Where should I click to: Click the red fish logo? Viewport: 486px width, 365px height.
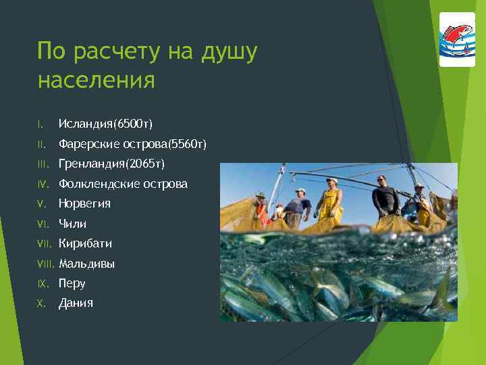click(x=457, y=39)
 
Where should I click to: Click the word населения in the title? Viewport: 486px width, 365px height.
click(x=96, y=80)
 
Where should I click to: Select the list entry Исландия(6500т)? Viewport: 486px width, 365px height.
click(x=105, y=124)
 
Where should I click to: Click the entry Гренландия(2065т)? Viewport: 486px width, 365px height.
click(x=111, y=164)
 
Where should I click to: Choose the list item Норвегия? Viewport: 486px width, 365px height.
click(x=84, y=203)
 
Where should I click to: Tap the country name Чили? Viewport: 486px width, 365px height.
click(x=72, y=224)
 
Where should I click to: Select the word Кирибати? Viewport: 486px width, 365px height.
click(x=85, y=243)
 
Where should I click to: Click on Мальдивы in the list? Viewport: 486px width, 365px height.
click(x=86, y=264)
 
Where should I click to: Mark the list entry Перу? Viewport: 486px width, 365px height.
click(x=72, y=284)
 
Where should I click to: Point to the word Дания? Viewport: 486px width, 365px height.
click(x=76, y=303)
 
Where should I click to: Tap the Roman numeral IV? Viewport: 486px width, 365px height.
click(x=42, y=184)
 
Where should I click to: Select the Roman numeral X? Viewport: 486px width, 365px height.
click(x=40, y=303)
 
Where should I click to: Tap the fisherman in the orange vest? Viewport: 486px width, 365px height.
click(x=261, y=210)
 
